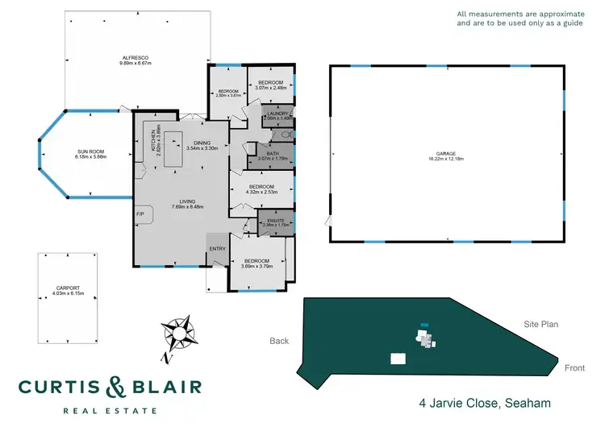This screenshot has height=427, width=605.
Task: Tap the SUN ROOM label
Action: point(91,151)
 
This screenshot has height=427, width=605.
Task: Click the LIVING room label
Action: point(187,201)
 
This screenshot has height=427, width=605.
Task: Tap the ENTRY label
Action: point(218,249)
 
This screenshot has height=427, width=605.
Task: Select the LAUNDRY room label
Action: point(277,114)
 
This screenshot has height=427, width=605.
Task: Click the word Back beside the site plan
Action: point(279,341)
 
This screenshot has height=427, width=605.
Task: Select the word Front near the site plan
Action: point(574,368)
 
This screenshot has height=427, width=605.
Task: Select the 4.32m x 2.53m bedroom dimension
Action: point(261,192)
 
